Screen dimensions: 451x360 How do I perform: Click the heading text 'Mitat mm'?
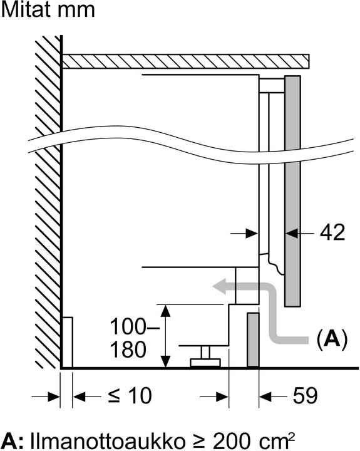(x=48, y=10)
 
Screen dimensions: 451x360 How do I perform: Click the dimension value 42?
(x=332, y=233)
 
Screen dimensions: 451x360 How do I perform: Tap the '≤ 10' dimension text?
(x=130, y=396)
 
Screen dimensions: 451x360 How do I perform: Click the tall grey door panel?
(x=292, y=188)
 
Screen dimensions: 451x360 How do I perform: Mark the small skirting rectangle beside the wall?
(x=68, y=342)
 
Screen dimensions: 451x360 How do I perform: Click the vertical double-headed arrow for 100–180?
(x=165, y=336)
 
